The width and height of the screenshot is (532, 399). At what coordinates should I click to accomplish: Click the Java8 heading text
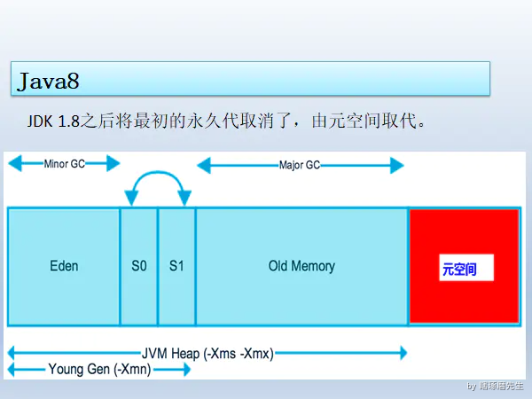(x=48, y=82)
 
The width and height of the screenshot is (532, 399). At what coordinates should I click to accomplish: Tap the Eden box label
(x=64, y=266)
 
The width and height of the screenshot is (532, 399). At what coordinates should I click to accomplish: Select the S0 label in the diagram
(x=138, y=266)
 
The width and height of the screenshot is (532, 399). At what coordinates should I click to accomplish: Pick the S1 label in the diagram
(x=176, y=266)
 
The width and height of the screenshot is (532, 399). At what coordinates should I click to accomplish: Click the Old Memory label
(x=301, y=266)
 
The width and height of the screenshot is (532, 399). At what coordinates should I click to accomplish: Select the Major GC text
(x=300, y=165)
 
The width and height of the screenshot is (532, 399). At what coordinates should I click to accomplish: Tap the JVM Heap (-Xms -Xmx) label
(x=207, y=353)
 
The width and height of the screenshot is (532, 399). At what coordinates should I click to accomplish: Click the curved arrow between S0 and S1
(x=158, y=176)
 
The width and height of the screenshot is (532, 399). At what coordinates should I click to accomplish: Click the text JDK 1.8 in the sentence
(x=55, y=121)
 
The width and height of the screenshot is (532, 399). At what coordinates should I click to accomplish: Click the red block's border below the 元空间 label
(x=464, y=323)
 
